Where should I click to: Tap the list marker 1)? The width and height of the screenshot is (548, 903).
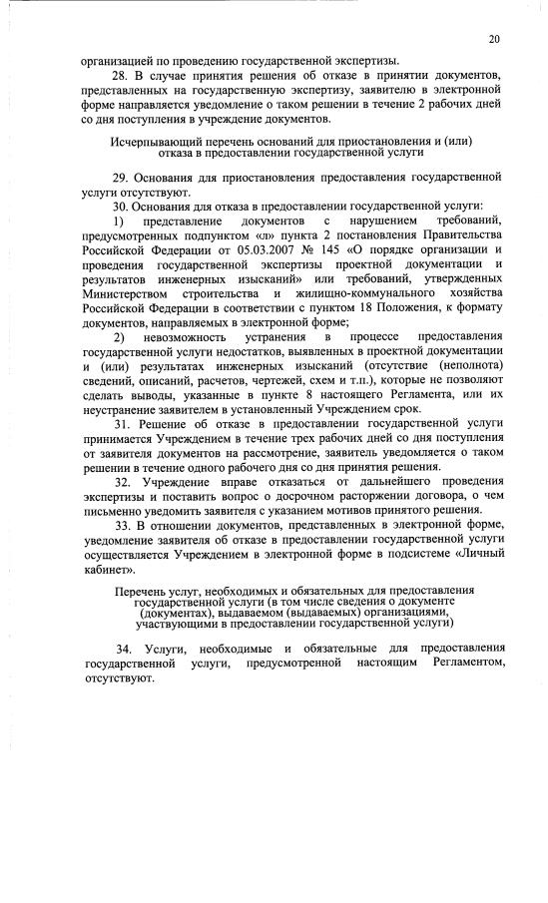[119, 220]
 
